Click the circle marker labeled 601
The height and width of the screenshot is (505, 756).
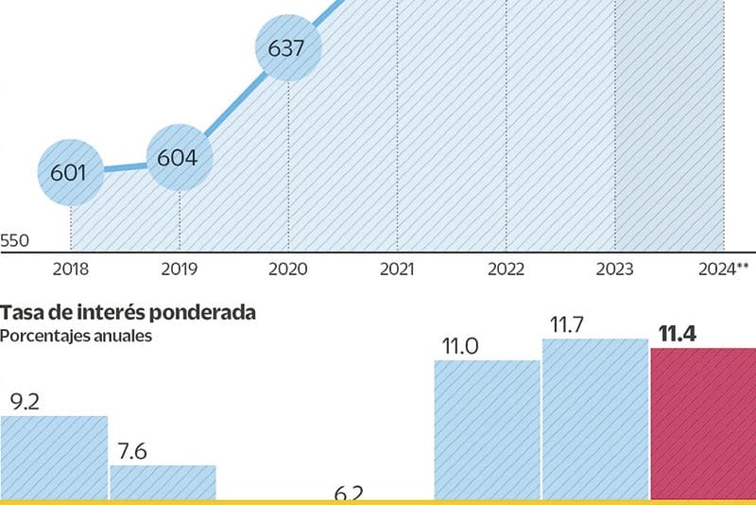pos(71,173)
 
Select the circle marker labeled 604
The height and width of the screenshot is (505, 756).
pos(179,158)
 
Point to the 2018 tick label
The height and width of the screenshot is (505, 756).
pos(71,270)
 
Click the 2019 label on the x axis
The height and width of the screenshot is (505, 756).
pos(179,270)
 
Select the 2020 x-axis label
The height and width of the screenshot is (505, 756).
pos(288,270)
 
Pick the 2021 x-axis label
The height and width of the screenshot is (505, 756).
pos(397,270)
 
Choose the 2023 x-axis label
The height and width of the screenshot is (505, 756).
pos(615,270)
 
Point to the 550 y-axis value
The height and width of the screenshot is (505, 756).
pos(14,241)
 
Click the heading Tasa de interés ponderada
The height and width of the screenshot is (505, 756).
pos(128,312)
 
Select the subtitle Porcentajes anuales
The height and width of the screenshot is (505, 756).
pos(76,335)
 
